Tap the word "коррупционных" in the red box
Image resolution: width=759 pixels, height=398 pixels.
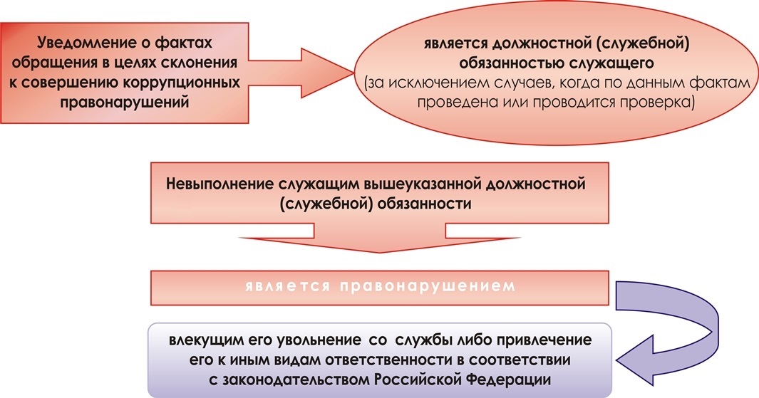pyautogui.click(x=182, y=82)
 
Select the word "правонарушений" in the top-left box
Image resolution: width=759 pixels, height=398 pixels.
pyautogui.click(x=124, y=102)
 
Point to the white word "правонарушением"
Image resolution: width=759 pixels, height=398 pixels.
pyautogui.click(x=428, y=286)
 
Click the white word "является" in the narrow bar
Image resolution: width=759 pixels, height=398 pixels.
pyautogui.click(x=287, y=286)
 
